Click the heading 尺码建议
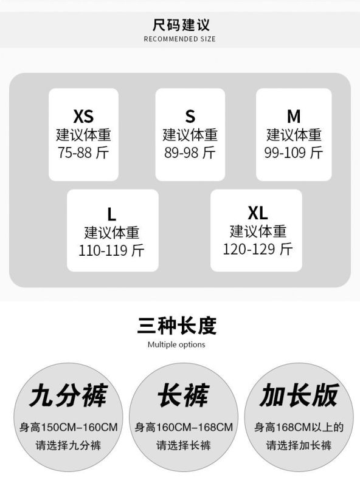[x=181, y=25]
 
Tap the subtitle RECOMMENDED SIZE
[x=179, y=39]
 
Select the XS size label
[x=83, y=116]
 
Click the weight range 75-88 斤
[x=83, y=152]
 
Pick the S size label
[x=190, y=116]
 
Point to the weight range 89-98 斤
[x=190, y=152]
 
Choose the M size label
[x=294, y=116]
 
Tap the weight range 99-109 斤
[x=294, y=152]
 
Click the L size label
[x=112, y=214]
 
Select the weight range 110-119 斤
[x=112, y=250]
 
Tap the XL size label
[x=258, y=213]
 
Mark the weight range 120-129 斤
[x=258, y=249]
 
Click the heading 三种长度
[x=177, y=326]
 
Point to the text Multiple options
[x=176, y=344]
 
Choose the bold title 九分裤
[x=68, y=395]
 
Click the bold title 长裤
[x=184, y=395]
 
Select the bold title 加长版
[x=299, y=395]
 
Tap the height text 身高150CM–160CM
[x=68, y=428]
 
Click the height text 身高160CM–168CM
[x=184, y=428]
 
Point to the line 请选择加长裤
[x=299, y=446]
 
